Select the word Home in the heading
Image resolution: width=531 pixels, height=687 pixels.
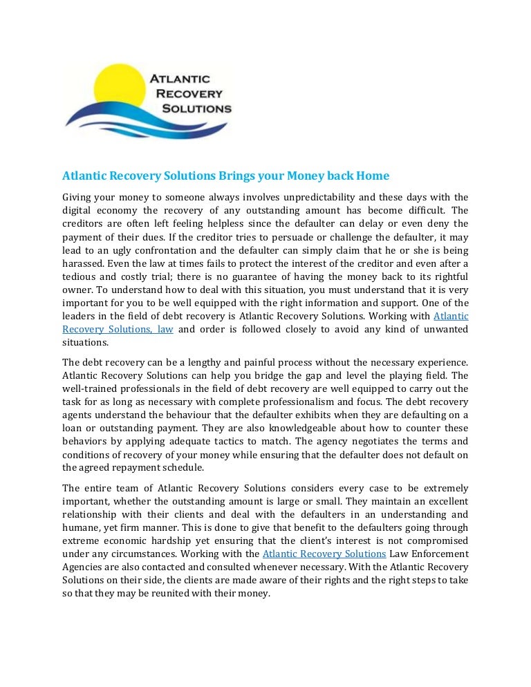[x=373, y=176]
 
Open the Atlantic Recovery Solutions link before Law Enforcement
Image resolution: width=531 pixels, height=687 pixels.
[x=324, y=554]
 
